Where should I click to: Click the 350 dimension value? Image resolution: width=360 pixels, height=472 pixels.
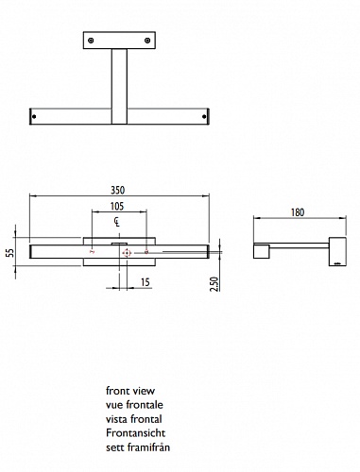tap(118, 191)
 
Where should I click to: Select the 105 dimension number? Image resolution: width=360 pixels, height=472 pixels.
tap(117, 207)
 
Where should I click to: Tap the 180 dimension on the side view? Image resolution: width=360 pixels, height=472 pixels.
tap(298, 212)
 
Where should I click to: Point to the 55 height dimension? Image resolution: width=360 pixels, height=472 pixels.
tap(10, 252)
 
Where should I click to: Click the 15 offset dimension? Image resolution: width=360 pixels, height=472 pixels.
tap(145, 282)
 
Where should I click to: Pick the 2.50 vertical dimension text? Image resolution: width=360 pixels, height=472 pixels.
tap(214, 284)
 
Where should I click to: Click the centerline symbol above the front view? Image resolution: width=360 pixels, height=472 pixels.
tap(117, 222)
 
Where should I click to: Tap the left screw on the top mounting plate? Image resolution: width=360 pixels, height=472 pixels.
tap(91, 41)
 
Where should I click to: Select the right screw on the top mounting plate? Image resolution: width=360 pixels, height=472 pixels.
tap(147, 41)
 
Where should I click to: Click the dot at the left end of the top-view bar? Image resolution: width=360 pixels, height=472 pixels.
tap(34, 117)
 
